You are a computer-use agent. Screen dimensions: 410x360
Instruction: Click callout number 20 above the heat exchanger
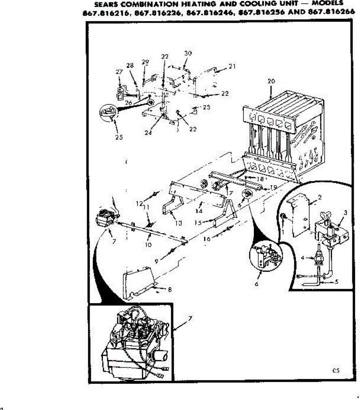(271, 81)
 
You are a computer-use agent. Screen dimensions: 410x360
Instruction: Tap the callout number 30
(188, 53)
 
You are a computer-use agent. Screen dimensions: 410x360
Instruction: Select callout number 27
(119, 72)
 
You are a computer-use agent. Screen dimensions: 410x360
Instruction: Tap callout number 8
(170, 290)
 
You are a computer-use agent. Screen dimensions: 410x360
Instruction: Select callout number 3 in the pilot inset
(345, 213)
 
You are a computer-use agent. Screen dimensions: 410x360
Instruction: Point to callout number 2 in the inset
(320, 197)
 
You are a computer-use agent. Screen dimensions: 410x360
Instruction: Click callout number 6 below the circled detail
(257, 284)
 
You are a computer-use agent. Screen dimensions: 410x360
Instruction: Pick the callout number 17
(230, 193)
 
